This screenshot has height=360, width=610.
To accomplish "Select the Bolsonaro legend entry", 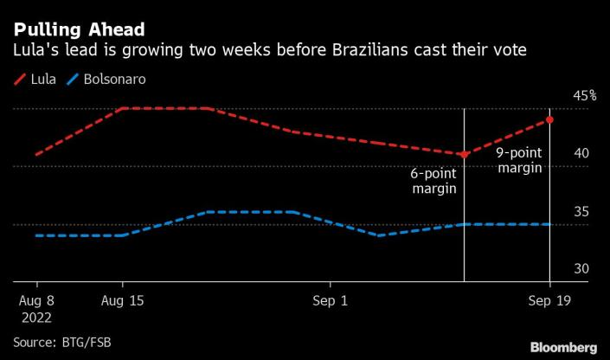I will [113, 79].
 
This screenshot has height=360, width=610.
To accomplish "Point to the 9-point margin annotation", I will [518, 160].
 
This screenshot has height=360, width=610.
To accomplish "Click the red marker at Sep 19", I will [550, 119].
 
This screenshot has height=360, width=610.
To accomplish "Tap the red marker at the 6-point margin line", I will [464, 155].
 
